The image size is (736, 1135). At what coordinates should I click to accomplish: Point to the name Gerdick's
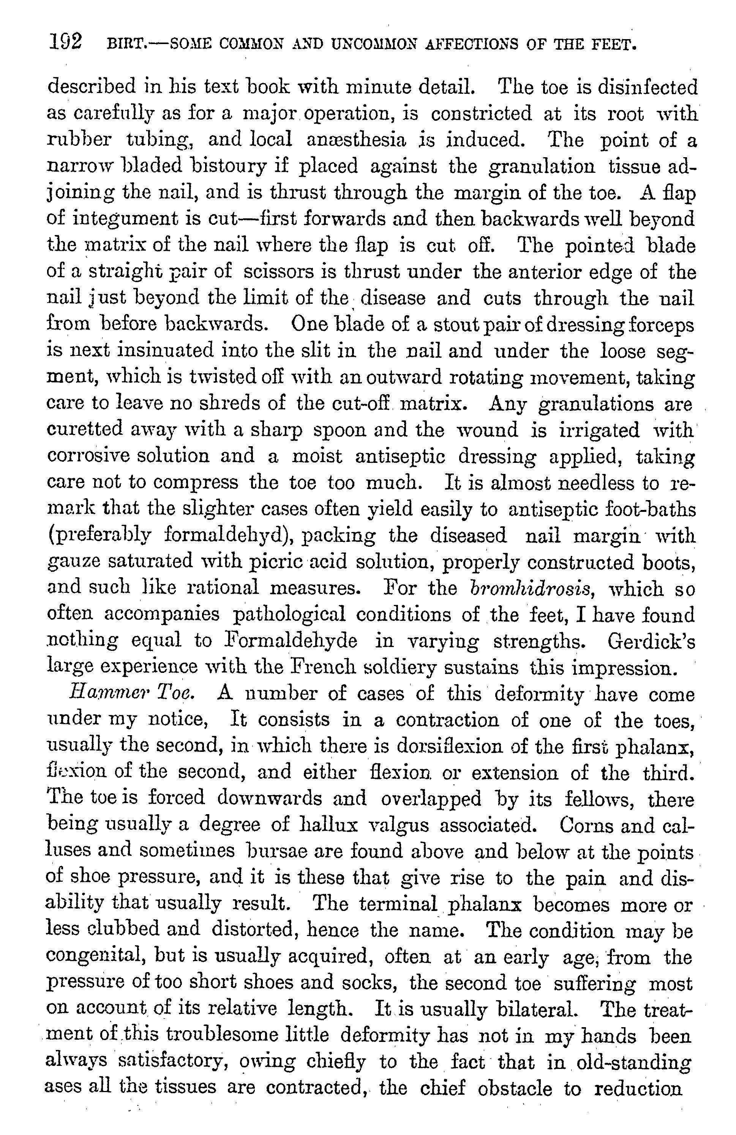click(652, 641)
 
